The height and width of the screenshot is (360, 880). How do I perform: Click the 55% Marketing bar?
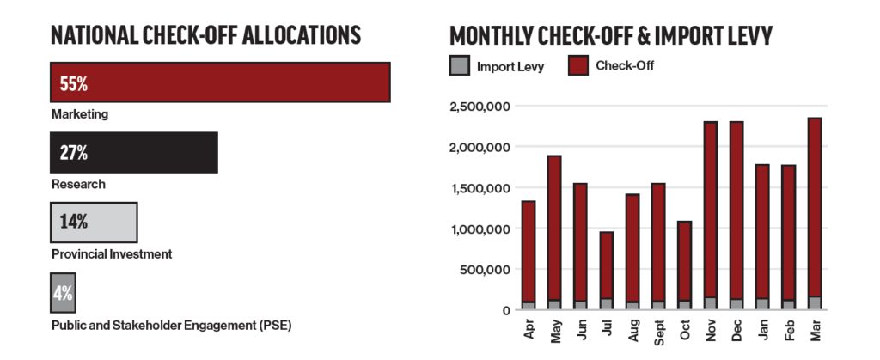pos(220,83)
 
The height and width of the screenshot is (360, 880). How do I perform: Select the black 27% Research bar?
pos(133,152)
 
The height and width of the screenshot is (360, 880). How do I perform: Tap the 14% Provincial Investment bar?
pos(93,221)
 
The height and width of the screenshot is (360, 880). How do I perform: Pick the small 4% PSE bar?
pos(63,291)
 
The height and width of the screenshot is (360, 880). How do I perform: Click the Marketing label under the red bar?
pos(80,113)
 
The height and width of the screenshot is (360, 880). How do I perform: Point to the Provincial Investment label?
pos(112,253)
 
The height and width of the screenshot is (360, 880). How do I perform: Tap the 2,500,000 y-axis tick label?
pos(480,107)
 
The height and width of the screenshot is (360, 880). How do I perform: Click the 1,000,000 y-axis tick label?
pos(480,229)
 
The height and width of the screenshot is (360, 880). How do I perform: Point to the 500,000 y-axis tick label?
pos(486,269)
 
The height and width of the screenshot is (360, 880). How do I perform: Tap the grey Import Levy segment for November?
pos(711,303)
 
